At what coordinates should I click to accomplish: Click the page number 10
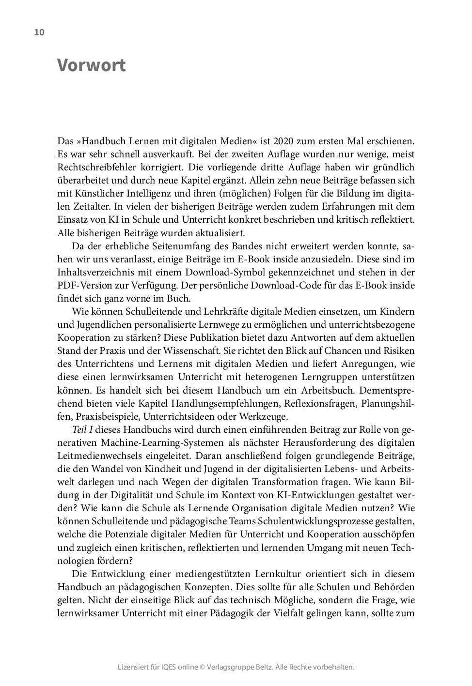point(39,32)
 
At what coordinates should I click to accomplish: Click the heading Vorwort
point(92,65)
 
